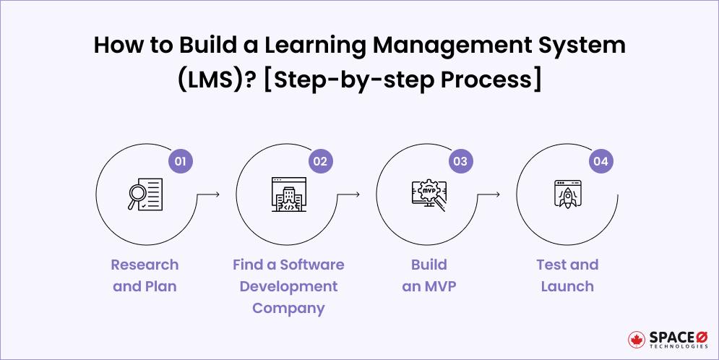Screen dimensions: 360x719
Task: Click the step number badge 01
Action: [x=180, y=161]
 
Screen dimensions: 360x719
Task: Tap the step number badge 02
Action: [x=320, y=161]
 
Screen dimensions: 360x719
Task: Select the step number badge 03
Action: [x=460, y=161]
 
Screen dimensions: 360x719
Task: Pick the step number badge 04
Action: [x=600, y=161]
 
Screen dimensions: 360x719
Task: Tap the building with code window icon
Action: [x=286, y=194]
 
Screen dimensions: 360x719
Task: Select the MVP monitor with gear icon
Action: [x=426, y=194]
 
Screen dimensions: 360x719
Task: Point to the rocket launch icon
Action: [x=567, y=194]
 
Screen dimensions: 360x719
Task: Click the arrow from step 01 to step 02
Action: [x=208, y=194]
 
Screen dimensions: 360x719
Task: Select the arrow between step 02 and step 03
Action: [x=348, y=194]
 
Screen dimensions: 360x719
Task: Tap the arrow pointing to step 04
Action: [x=489, y=194]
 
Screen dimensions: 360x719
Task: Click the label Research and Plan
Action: [x=145, y=275]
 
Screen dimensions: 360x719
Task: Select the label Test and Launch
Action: [x=567, y=275]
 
